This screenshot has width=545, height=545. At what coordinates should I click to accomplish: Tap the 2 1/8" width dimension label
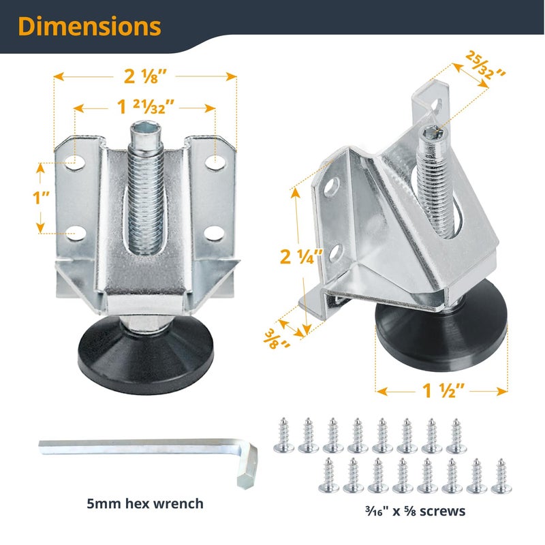tap(146, 77)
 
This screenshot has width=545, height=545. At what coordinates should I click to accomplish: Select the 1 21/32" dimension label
tap(144, 107)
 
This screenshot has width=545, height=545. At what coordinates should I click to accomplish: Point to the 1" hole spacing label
tap(43, 199)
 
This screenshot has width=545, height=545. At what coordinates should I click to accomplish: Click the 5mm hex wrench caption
tap(144, 504)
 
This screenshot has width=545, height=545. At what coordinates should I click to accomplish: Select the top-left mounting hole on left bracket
tap(73, 162)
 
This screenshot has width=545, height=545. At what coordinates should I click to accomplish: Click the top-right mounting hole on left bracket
tap(215, 162)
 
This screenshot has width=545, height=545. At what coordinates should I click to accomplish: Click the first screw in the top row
tap(283, 435)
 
